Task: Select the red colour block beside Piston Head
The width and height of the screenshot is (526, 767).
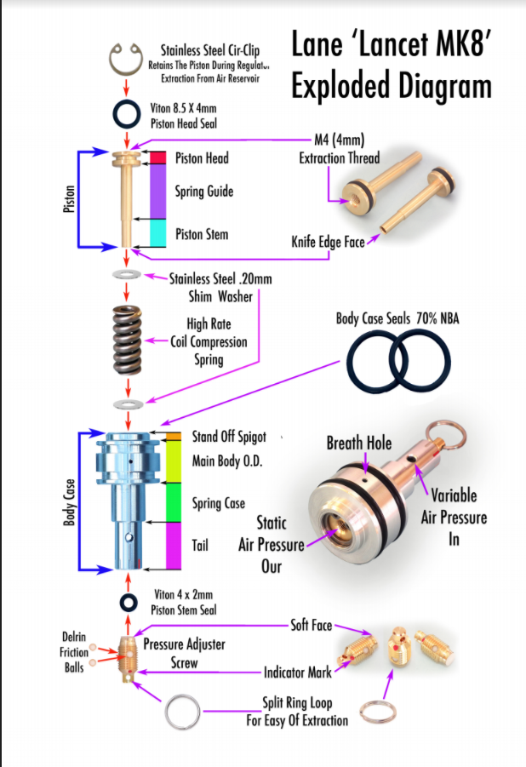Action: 157,157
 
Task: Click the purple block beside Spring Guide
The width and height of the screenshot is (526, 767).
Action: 157,192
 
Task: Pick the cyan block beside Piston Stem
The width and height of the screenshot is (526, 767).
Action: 157,233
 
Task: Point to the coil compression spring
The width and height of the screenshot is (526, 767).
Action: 127,341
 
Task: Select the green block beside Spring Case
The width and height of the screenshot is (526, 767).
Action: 174,502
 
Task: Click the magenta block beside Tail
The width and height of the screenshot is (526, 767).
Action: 174,546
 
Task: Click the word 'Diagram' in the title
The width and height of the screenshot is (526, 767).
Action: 392,86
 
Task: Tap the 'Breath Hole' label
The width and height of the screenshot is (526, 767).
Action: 359,444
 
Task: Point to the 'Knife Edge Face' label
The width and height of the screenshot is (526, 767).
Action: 328,242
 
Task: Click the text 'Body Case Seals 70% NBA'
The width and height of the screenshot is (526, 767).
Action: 397,319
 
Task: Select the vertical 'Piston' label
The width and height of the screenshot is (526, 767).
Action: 70,198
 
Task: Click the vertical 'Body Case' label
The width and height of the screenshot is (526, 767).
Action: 70,502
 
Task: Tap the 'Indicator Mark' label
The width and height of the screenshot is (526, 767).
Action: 298,673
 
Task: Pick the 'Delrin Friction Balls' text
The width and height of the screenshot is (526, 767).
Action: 74,652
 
